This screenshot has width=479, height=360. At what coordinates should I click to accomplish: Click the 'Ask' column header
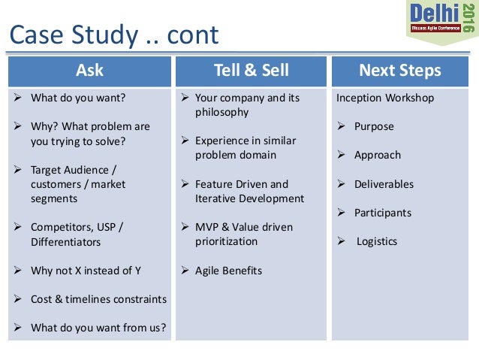pos(89,71)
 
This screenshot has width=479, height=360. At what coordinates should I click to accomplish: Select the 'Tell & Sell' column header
pos(252,71)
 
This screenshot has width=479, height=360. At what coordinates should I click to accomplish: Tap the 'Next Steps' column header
pos(400,71)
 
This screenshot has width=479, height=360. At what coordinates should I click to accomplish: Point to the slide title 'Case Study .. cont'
pos(113,35)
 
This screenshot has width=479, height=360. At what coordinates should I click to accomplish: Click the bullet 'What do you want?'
pos(78,98)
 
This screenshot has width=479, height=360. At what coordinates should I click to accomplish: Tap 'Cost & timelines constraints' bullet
pos(98,299)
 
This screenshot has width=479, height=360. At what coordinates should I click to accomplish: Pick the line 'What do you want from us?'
pos(98,328)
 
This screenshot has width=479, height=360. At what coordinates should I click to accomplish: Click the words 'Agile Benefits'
pos(228,271)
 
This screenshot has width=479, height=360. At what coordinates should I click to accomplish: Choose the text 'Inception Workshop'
pos(385,98)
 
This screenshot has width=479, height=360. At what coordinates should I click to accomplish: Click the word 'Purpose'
pos(374,126)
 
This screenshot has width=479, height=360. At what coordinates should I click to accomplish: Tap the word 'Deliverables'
pos(384,184)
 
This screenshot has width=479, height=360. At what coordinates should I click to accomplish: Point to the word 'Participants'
pos(383,213)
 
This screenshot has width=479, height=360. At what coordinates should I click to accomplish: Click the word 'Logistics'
pos(377,241)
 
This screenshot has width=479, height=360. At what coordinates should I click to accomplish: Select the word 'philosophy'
pos(221,112)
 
